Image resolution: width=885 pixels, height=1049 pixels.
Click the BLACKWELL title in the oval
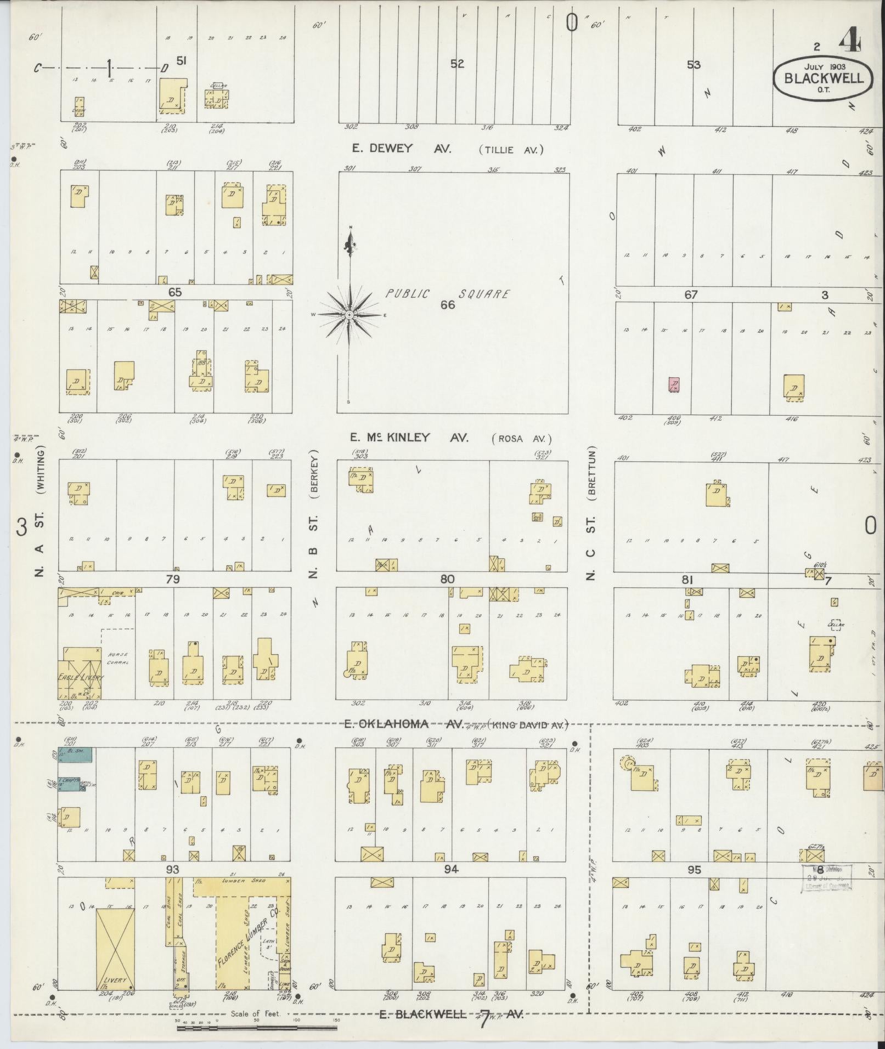pyautogui.click(x=824, y=78)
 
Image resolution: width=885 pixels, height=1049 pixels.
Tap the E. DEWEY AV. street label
pyautogui.click(x=401, y=149)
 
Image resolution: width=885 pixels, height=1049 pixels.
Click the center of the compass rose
pyautogui.click(x=350, y=315)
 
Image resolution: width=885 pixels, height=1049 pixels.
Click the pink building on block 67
pyautogui.click(x=674, y=384)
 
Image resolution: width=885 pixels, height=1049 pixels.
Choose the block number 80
pyautogui.click(x=448, y=579)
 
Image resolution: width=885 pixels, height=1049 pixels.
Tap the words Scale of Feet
pyautogui.click(x=256, y=1014)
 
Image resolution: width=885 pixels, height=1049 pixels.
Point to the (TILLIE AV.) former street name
pyautogui.click(x=510, y=150)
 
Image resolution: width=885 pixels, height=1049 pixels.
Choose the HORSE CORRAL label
pyautogui.click(x=117, y=659)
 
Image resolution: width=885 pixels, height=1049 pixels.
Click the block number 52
pyautogui.click(x=457, y=64)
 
